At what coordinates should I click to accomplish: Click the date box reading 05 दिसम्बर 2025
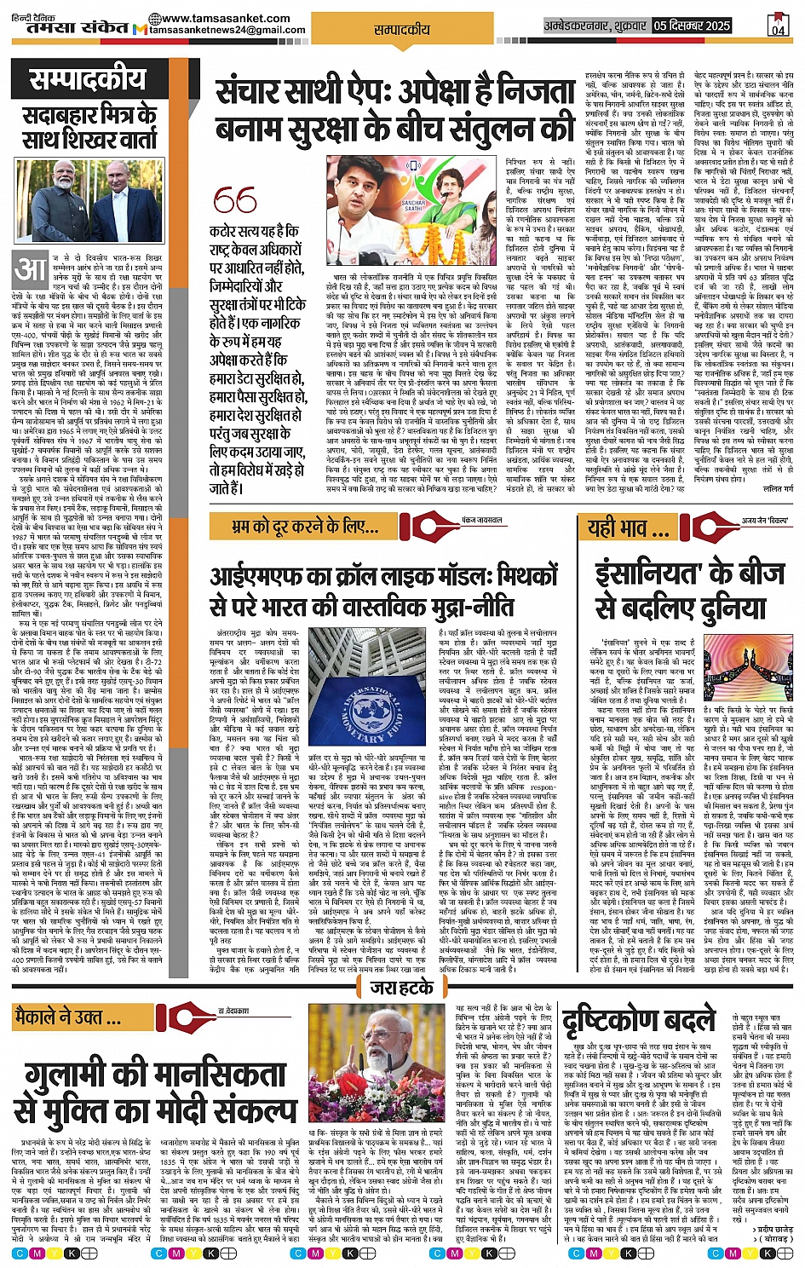(x=692, y=26)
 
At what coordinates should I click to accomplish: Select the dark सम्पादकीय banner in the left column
(x=88, y=80)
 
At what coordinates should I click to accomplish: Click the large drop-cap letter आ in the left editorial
(x=31, y=270)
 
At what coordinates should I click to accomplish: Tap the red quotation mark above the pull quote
(x=234, y=201)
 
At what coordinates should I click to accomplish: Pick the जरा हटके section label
(x=402, y=987)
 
